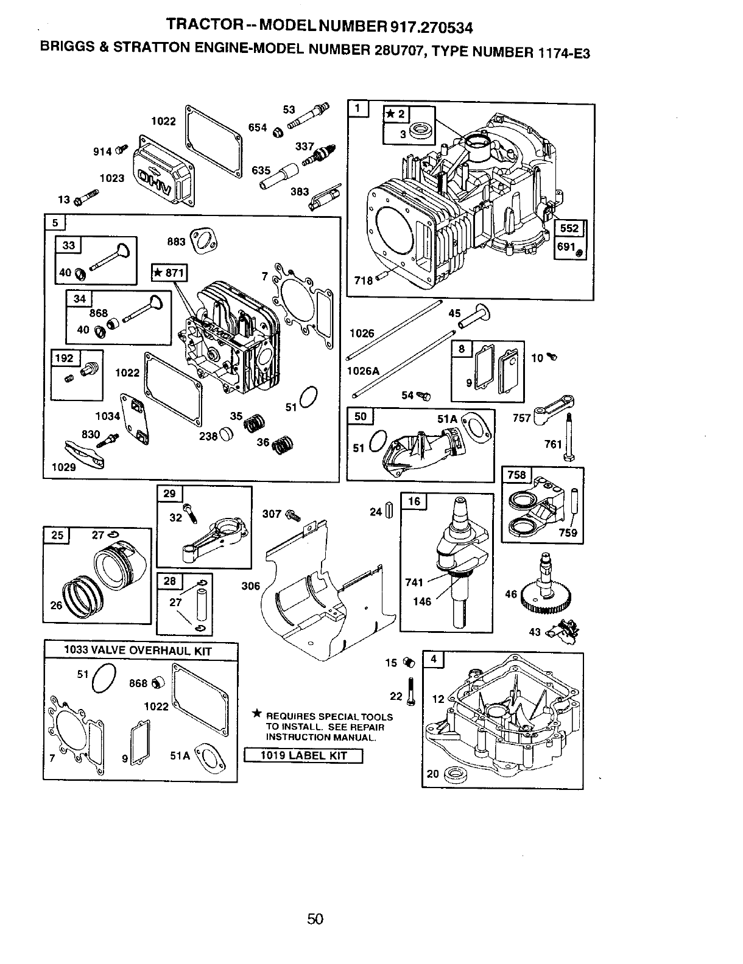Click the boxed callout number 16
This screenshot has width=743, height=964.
point(414,501)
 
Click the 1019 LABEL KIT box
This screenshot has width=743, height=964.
point(303,756)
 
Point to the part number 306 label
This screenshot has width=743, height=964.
point(250,586)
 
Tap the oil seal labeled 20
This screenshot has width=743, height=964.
point(452,775)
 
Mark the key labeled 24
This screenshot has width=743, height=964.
point(390,512)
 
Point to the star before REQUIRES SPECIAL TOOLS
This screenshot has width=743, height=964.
point(258,714)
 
